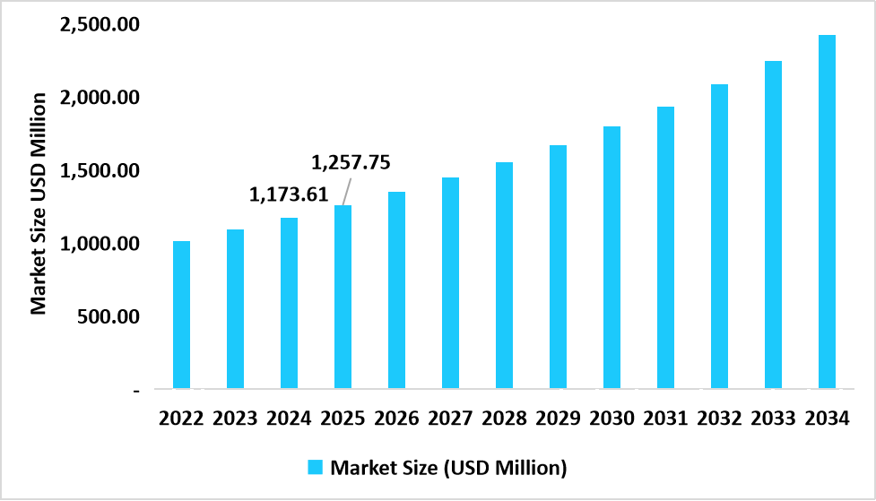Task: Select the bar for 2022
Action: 181,315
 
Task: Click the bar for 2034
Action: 827,212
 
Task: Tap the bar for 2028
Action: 504,276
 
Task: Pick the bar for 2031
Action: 665,248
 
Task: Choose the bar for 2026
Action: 396,290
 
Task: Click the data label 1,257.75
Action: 351,162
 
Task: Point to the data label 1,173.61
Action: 289,193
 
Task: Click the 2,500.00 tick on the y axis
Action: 99,24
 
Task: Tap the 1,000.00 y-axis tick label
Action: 99,244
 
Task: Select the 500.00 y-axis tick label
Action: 108,316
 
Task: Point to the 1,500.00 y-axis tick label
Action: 99,170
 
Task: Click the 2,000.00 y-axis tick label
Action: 99,97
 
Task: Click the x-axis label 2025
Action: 343,419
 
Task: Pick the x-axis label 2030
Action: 611,419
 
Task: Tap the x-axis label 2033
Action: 773,419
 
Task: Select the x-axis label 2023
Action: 235,419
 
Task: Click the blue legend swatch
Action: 315,467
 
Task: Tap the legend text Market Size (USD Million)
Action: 448,467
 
